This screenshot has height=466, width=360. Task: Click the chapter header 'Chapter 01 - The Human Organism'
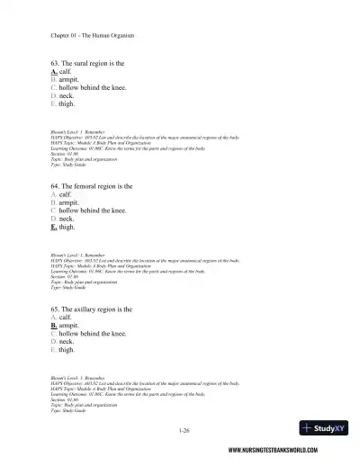[x=93, y=36]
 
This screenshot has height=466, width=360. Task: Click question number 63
[x=56, y=63]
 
